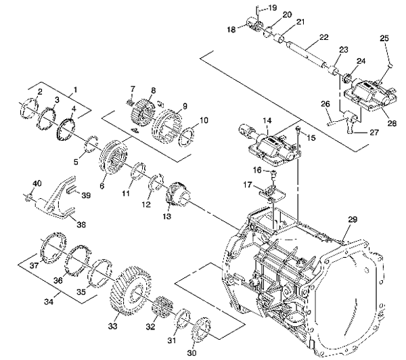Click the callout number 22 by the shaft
pos(324,37)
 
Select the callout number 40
pos(37,183)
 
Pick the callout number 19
pos(271,7)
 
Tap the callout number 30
pos(191,351)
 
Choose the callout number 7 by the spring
pos(133,89)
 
